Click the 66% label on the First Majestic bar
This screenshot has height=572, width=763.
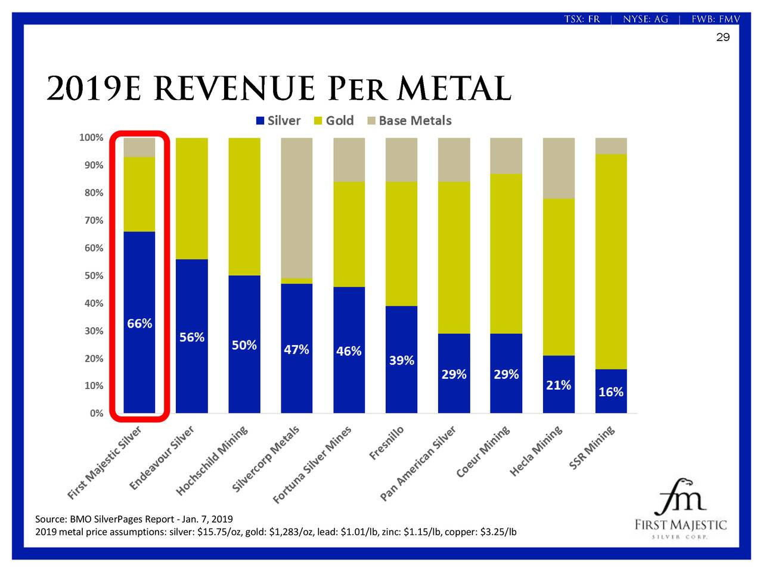click(x=139, y=324)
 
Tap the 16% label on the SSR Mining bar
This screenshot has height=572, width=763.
click(x=611, y=391)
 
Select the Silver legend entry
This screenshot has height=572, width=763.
click(x=278, y=120)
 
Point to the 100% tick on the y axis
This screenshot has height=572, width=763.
click(x=91, y=138)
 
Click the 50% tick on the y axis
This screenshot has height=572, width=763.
click(x=93, y=276)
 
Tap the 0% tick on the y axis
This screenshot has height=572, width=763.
click(x=96, y=414)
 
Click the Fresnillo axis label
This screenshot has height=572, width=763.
click(x=387, y=443)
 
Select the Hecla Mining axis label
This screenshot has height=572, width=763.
click(x=536, y=451)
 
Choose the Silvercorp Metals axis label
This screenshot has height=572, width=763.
click(x=266, y=459)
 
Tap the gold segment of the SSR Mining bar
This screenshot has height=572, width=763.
click(x=611, y=262)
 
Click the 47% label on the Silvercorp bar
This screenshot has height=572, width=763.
click(x=296, y=349)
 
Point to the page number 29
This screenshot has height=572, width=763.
click(x=722, y=38)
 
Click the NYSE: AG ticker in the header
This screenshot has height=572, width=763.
click(x=646, y=19)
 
